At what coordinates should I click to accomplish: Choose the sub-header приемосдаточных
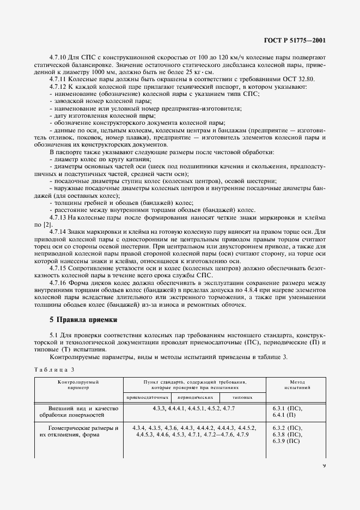pyautogui.click(x=142, y=398)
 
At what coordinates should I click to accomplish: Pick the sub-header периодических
pyautogui.click(x=190, y=398)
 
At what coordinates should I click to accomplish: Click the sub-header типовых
pyautogui.click(x=242, y=398)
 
